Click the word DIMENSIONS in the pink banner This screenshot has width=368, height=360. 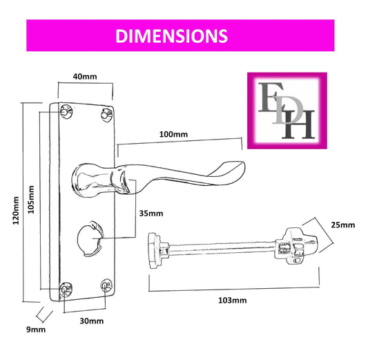click(171, 36)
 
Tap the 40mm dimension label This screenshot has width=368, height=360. click(85, 77)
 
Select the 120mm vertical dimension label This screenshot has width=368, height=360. click(16, 211)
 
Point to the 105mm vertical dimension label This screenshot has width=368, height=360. click(31, 200)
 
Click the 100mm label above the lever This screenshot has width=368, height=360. click(173, 134)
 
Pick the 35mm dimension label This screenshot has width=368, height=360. click(151, 214)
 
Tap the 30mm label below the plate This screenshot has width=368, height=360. click(92, 321)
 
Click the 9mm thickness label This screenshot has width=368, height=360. click(36, 330)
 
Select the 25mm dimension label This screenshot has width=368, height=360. click(343, 225)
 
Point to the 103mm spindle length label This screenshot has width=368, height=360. click(233, 301)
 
